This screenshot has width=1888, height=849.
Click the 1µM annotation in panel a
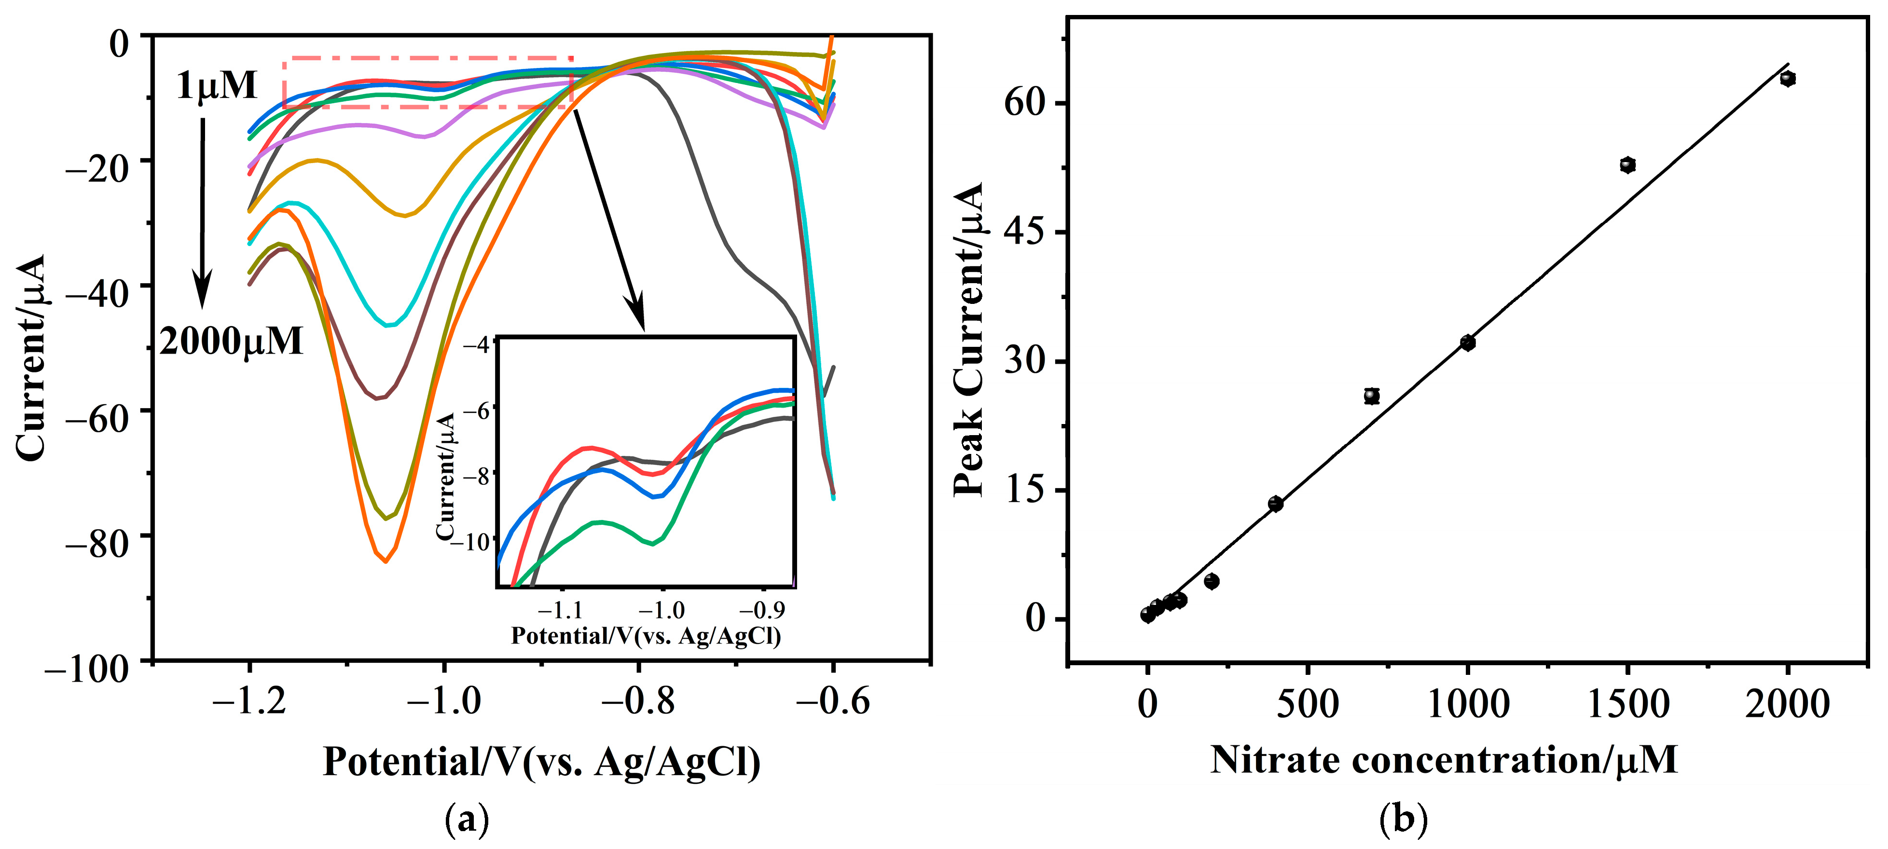coord(217,86)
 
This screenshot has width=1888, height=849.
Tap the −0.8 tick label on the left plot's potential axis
coord(638,702)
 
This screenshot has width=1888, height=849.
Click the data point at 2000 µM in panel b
coord(1788,78)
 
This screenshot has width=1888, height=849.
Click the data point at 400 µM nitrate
coord(1275,503)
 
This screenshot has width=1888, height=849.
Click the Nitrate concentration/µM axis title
coord(1443,760)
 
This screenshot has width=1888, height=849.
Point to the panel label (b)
coord(1403,820)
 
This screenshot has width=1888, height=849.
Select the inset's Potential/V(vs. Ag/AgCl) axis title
coord(646,636)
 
